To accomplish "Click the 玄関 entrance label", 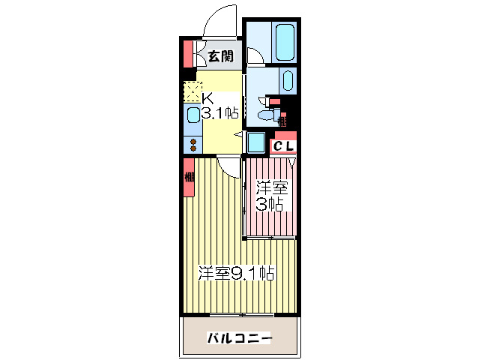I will [220, 55].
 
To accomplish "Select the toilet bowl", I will [264, 115].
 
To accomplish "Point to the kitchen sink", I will [193, 116].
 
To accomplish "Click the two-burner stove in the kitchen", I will [193, 144].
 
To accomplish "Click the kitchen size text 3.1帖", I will [219, 113].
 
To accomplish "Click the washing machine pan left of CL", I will [255, 142].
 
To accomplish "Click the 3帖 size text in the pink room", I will [270, 204].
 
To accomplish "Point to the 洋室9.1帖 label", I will [235, 273].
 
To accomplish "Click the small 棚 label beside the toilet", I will [282, 118].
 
